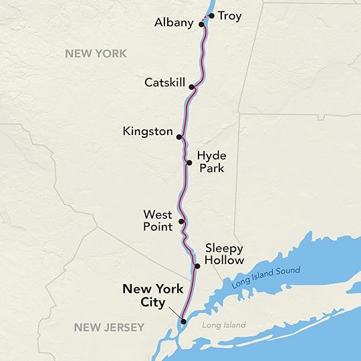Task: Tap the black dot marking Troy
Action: click(211, 15)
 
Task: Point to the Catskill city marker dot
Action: click(192, 87)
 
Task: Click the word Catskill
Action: click(164, 83)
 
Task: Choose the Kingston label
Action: click(148, 132)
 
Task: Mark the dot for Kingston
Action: click(179, 136)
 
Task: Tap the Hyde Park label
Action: click(211, 162)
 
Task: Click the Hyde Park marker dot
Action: click(189, 162)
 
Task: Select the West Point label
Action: click(158, 221)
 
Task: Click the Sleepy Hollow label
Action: click(225, 254)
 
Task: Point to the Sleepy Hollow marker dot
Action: click(197, 267)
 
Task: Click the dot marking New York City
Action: click(183, 322)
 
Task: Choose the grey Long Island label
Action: click(224, 326)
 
